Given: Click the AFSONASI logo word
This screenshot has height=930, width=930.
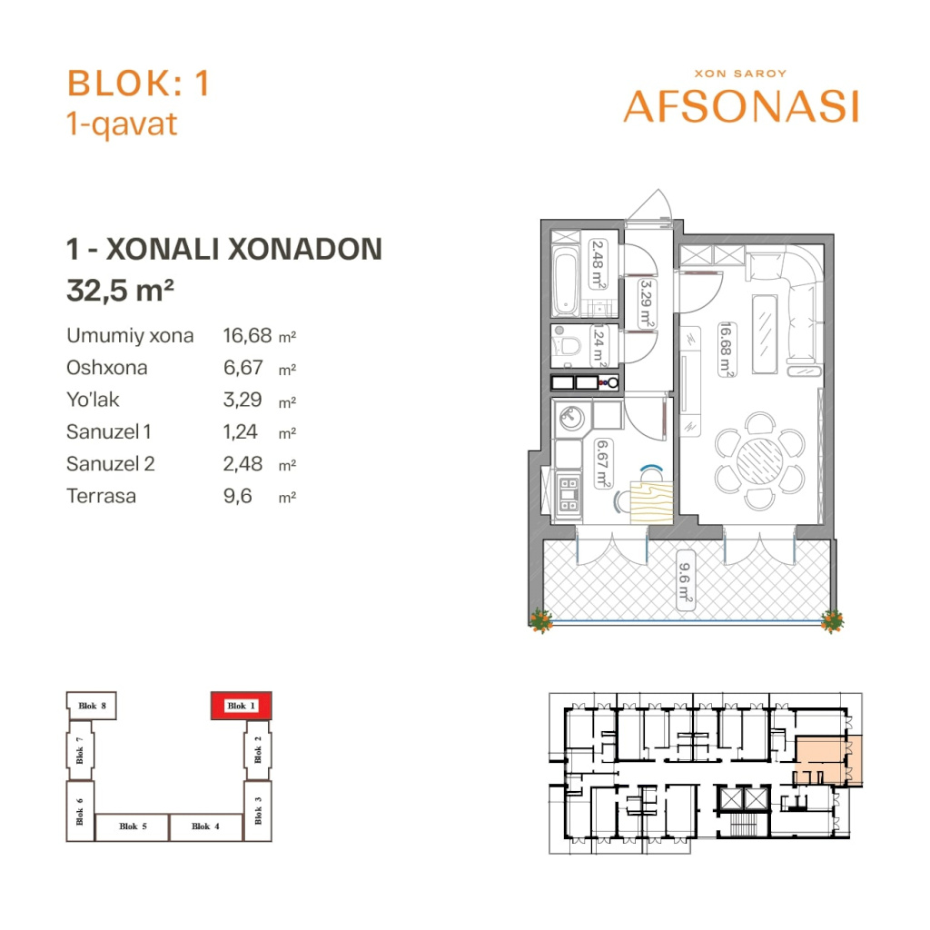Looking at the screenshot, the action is (x=741, y=107).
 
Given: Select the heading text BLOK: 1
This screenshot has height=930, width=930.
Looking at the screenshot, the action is (x=139, y=83).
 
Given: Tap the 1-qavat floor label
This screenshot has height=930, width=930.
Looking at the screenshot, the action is (x=122, y=124).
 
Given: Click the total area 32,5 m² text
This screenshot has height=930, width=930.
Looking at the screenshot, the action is (x=121, y=291).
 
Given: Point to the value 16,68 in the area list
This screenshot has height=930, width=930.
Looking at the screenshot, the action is (x=247, y=336).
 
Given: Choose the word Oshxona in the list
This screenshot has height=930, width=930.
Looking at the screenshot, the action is (x=107, y=368).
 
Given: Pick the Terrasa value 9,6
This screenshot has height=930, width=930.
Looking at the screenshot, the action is (x=237, y=496).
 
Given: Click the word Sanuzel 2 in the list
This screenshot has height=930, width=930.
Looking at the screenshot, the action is (x=110, y=464).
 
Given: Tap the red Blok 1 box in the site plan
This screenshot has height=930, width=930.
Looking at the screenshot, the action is (x=242, y=706).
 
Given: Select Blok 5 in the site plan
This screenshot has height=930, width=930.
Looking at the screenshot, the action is (x=133, y=826).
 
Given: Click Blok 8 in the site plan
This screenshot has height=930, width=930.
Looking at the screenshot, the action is (x=92, y=706).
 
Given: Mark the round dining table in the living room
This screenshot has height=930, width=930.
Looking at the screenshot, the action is (x=760, y=460).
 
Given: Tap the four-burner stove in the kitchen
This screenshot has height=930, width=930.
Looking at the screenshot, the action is (x=569, y=495).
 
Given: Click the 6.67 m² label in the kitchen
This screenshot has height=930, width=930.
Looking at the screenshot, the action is (x=603, y=463).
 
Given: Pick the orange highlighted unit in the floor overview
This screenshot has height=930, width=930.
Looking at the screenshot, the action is (x=828, y=760).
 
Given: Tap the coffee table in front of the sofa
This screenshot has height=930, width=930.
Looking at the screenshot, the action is (x=765, y=333).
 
